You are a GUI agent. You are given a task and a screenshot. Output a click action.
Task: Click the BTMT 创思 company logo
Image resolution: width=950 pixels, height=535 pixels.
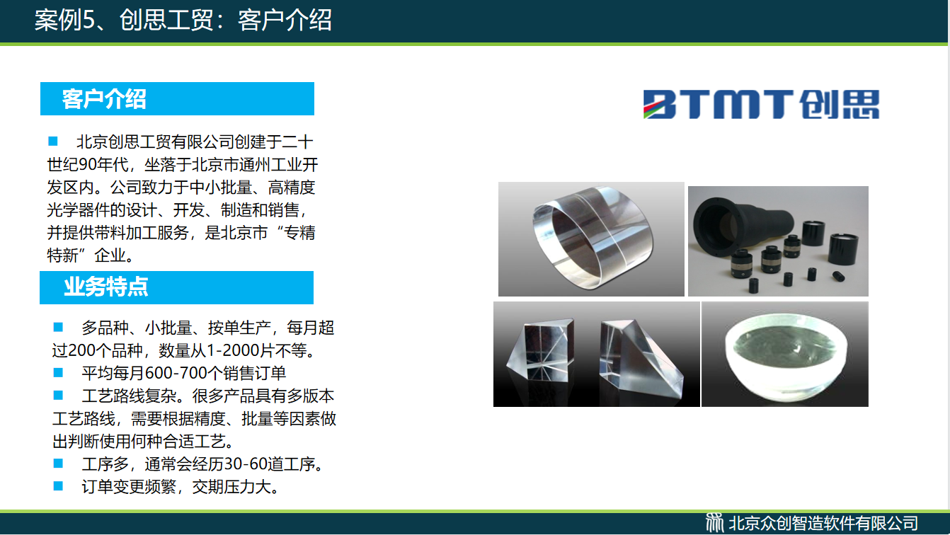tap(761, 104)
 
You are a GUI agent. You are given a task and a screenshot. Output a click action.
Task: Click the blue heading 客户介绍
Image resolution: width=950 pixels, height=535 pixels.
tap(104, 99)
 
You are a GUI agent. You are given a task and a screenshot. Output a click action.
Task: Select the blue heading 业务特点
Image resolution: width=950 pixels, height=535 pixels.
tap(106, 287)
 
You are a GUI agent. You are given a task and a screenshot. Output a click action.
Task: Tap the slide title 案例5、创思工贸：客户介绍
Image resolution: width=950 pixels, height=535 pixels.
tap(183, 20)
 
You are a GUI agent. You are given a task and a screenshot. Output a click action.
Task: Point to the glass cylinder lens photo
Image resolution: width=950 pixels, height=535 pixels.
tap(592, 239)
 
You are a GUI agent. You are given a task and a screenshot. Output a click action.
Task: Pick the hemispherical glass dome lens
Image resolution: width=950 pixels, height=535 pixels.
tap(786, 357)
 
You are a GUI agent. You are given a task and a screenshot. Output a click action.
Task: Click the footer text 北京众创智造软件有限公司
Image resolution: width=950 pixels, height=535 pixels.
tap(823, 524)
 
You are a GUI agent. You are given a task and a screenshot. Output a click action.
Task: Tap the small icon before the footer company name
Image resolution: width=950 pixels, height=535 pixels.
tap(714, 523)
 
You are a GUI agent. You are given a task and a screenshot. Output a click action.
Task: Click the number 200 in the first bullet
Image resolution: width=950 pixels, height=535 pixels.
tap(82, 350)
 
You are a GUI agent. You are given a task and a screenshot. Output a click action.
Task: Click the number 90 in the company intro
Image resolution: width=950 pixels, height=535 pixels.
tap(87, 164)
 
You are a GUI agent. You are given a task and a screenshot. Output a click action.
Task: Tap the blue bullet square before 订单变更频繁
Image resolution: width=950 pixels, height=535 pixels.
tap(58, 486)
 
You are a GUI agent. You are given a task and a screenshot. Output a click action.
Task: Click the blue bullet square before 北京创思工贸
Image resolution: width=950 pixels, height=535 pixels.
tap(53, 141)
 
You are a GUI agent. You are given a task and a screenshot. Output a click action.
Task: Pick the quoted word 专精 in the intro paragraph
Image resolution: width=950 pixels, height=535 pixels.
tap(299, 233)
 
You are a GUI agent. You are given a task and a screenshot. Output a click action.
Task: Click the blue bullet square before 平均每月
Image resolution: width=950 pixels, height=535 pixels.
tap(58, 373)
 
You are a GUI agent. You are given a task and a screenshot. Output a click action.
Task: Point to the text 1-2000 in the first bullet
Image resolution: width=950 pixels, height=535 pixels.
tap(232, 350)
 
